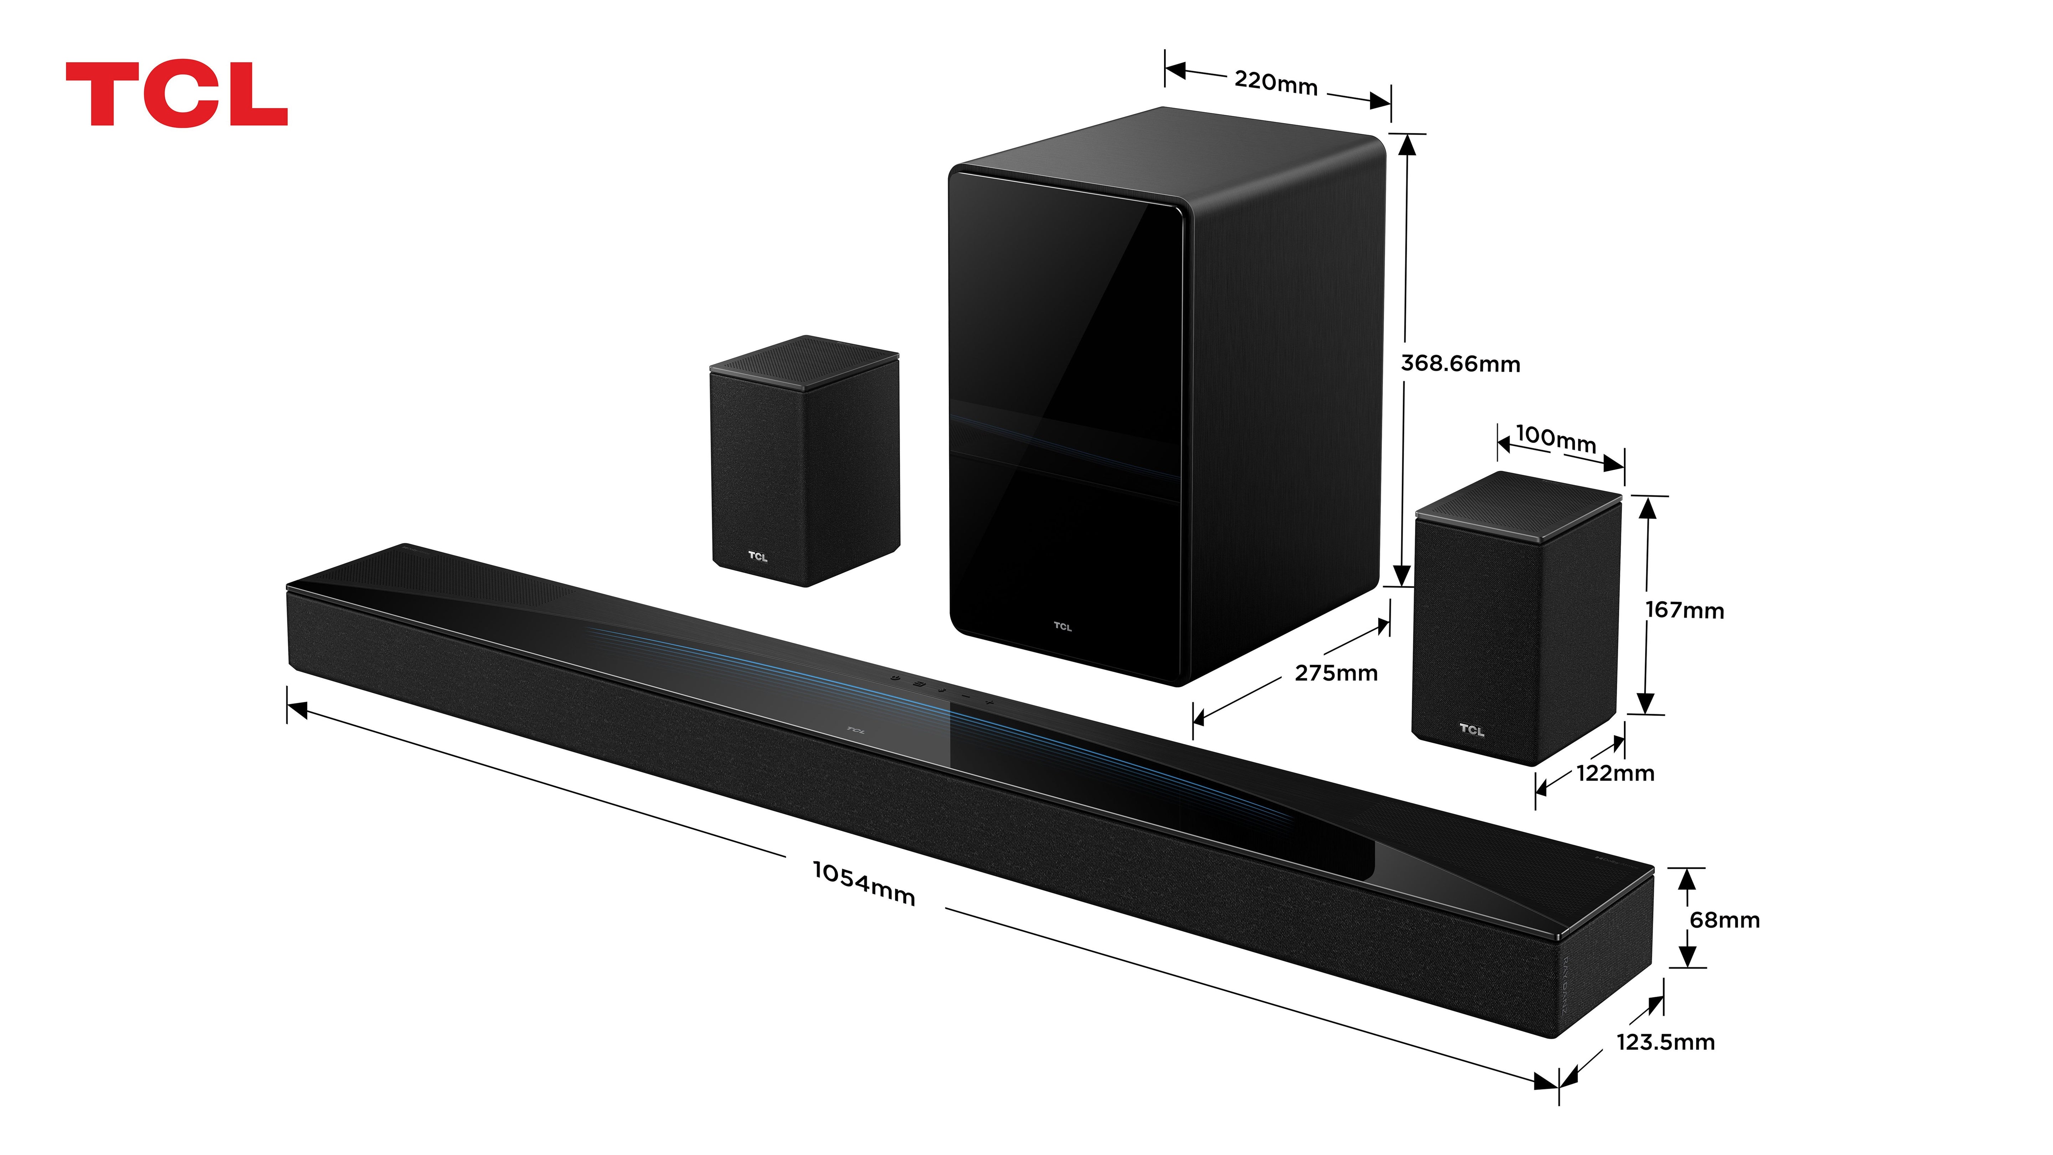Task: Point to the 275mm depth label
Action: [1336, 674]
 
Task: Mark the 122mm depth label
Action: [1615, 773]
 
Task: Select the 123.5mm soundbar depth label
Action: [1665, 1042]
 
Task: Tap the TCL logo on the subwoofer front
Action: [1062, 627]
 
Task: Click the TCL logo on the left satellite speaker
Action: [757, 556]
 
